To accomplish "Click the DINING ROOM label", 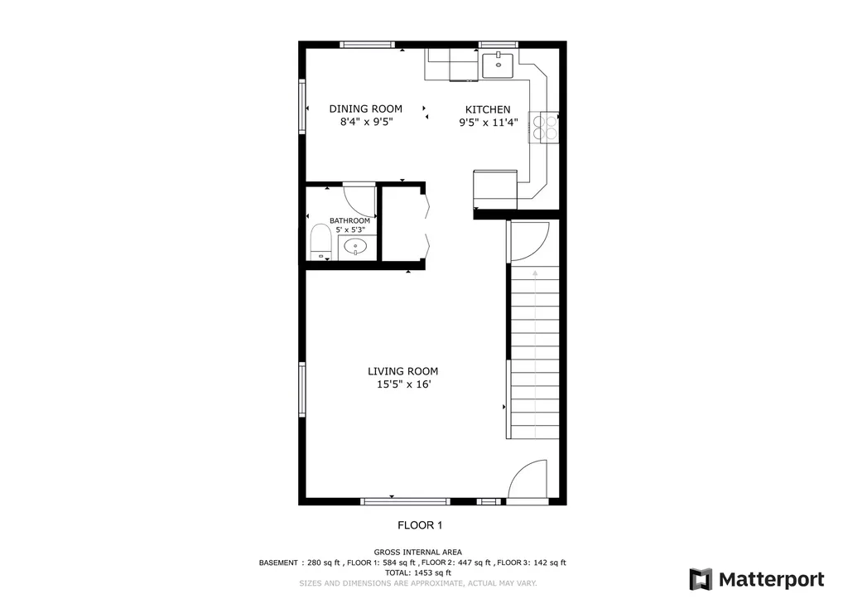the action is pos(365,109).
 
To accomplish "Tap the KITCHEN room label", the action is pos(488,109).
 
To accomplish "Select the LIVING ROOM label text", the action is pos(403,371).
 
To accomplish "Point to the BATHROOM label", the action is pos(350,220).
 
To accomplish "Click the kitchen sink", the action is pos(498,65).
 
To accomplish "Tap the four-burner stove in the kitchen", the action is pos(544,127).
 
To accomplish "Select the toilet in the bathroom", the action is pos(320,243).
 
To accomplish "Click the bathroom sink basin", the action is pos(355,247).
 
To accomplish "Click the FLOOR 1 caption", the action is pos(420,525).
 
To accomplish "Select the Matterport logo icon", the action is pos(701,579).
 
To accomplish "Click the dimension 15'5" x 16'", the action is pos(404,384).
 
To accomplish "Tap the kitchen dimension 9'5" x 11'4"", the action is pos(489,123).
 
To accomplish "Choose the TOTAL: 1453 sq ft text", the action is pos(418,572).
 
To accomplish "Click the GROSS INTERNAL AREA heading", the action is pos(418,553).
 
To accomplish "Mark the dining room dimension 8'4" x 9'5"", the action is pos(366,122).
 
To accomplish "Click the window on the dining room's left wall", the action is pos(301,106).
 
